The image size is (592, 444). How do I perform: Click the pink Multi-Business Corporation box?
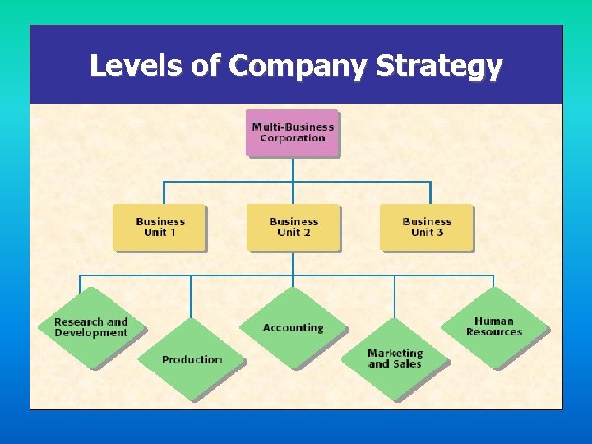tap(293, 132)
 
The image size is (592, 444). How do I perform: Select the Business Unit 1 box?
tap(160, 227)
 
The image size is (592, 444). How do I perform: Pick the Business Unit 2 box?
tap(293, 227)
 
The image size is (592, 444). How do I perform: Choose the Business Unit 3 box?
tap(427, 227)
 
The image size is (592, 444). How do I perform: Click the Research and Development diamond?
tap(90, 327)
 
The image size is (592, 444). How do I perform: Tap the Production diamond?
tap(192, 359)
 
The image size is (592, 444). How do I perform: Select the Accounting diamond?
tap(293, 327)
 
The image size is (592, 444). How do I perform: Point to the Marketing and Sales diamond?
tap(395, 358)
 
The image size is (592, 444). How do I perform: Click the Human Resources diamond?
tap(493, 326)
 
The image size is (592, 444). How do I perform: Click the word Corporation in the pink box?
tap(293, 138)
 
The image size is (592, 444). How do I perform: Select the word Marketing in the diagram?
tap(395, 353)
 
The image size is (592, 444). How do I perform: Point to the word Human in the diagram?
tap(493, 321)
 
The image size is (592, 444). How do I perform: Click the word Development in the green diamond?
tap(90, 333)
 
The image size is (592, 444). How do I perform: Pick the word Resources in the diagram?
tap(493, 332)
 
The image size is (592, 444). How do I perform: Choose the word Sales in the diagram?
tap(406, 364)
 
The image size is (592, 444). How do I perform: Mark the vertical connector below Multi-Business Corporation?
tap(293, 169)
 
